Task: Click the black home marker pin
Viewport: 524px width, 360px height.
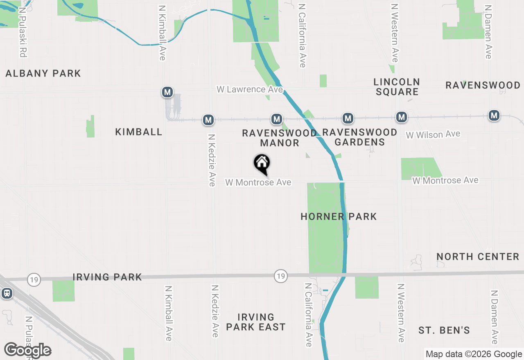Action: pos(262,164)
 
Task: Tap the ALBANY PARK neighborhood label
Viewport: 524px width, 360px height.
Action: pos(43,74)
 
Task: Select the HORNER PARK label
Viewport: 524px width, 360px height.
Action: pos(339,216)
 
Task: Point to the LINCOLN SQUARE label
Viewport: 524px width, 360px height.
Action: pos(397,87)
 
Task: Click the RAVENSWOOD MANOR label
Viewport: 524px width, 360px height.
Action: pos(280,138)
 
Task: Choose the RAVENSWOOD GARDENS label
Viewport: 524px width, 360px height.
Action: pos(360,137)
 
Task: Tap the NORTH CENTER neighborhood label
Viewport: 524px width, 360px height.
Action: pos(478,257)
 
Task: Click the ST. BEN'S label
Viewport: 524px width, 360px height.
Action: pos(444,330)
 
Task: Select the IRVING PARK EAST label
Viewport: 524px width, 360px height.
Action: pos(255,322)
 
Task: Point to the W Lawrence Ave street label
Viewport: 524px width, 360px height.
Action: pos(250,89)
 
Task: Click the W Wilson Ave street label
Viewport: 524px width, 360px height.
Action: pos(433,134)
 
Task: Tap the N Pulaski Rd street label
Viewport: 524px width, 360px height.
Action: pos(23,31)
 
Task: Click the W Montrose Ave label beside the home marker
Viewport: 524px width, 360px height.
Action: pos(258,182)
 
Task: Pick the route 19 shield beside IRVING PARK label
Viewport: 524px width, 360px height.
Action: pos(34,280)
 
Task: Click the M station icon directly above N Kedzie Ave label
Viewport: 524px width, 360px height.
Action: pos(208,120)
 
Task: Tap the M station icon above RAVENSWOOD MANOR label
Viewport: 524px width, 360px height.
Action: pos(277,119)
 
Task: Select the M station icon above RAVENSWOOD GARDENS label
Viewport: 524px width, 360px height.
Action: pos(348,119)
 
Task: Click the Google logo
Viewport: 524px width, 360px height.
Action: pos(27,350)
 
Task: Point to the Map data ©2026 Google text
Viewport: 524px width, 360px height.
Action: pos(474,354)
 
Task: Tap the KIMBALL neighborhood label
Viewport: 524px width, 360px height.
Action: pos(139,132)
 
